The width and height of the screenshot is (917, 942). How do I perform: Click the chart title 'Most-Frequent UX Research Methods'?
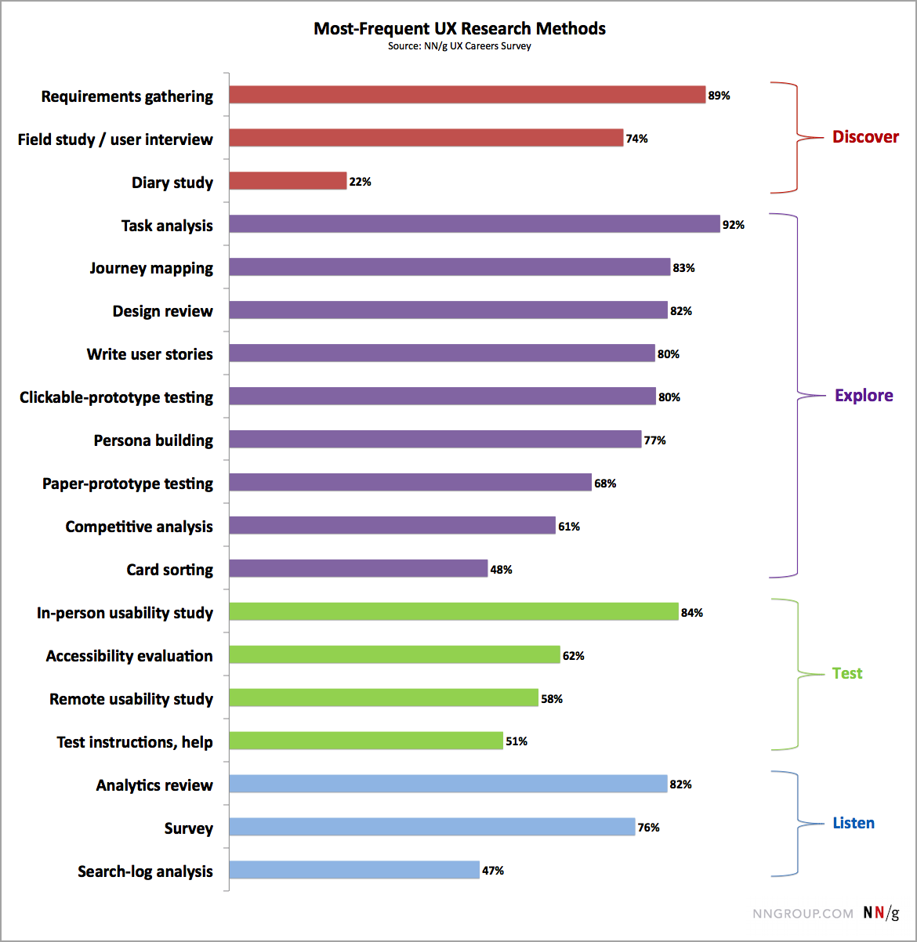[x=459, y=29]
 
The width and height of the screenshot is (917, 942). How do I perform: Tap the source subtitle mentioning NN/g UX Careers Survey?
[x=459, y=46]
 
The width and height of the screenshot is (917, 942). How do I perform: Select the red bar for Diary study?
[x=288, y=181]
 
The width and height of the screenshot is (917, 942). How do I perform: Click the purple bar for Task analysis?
[x=474, y=224]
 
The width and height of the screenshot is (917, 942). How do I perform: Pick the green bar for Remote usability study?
[x=383, y=697]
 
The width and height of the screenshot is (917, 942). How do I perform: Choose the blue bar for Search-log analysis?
[x=354, y=870]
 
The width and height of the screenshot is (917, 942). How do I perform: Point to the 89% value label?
[x=719, y=96]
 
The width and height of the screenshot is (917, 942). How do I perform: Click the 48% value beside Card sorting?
[x=501, y=570]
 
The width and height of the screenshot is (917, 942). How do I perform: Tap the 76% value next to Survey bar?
[x=648, y=828]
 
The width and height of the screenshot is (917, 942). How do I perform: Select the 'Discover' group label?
[x=865, y=137]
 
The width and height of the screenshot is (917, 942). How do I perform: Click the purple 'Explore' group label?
[x=864, y=396]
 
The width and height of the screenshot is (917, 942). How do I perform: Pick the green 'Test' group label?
[x=847, y=673]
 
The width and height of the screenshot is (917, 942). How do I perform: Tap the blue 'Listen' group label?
[x=854, y=823]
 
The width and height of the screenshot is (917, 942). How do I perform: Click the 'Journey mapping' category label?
[x=151, y=268]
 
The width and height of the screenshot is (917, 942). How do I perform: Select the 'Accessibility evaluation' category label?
[x=129, y=656]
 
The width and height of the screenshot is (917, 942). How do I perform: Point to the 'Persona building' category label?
[x=154, y=440]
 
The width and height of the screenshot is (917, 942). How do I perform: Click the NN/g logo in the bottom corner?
[x=881, y=913]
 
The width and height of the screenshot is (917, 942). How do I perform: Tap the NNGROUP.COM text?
[x=803, y=914]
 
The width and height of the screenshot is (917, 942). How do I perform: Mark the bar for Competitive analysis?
[x=392, y=525]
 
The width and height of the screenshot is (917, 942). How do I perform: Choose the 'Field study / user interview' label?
[x=115, y=139]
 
